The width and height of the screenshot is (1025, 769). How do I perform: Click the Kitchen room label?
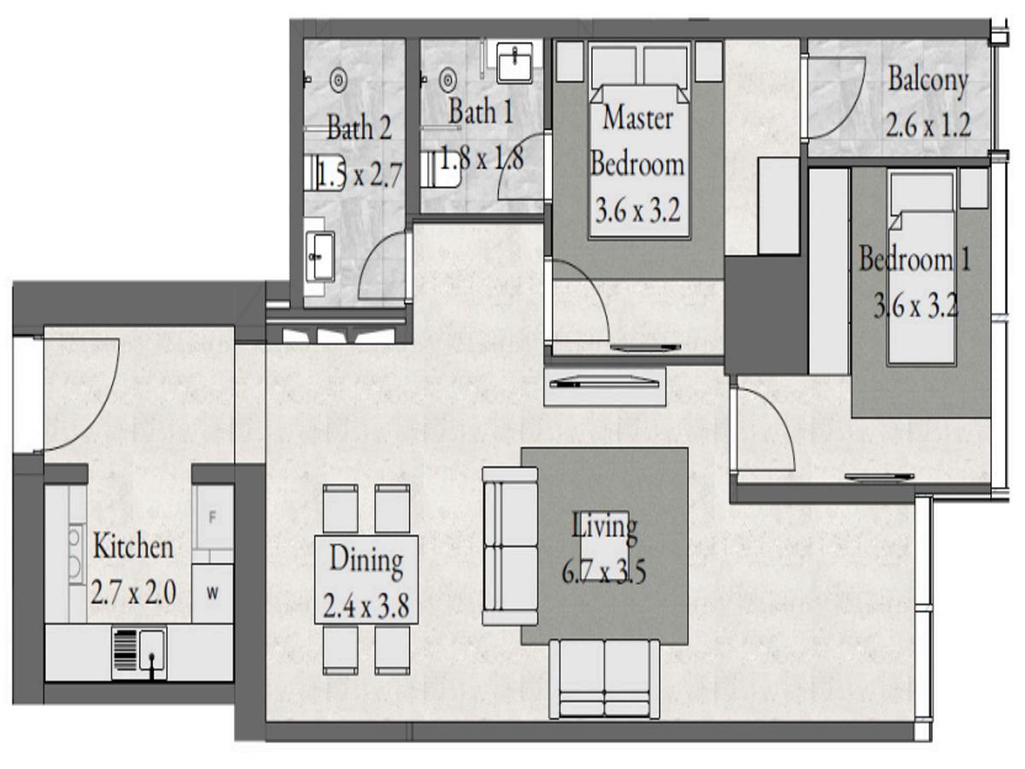[x=132, y=547]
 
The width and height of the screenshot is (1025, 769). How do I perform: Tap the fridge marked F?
[x=213, y=518]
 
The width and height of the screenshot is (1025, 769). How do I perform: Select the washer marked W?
[x=213, y=594]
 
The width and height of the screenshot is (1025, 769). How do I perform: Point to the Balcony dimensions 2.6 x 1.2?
[x=928, y=126]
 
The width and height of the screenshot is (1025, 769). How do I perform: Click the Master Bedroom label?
[x=637, y=141]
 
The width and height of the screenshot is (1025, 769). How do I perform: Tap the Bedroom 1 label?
[x=914, y=259]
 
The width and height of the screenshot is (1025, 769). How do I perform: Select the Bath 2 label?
[x=359, y=130]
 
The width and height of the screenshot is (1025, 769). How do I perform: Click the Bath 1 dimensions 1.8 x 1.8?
[x=481, y=158]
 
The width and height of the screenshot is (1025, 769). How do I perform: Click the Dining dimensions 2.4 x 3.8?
[x=366, y=608]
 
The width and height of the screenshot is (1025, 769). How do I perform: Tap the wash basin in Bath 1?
[x=517, y=62]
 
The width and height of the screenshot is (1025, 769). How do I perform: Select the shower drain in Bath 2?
[x=339, y=79]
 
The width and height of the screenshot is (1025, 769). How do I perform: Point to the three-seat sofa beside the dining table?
[x=510, y=545]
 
